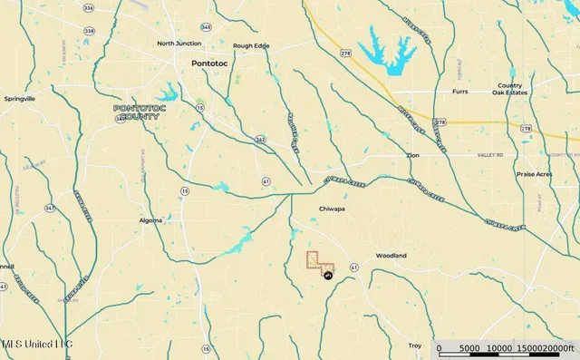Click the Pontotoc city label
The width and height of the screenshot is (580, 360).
click(213, 63)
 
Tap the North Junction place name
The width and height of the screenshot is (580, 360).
click(178, 44)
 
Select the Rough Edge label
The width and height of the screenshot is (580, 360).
click(250, 45)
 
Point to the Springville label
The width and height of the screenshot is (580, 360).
click(20, 98)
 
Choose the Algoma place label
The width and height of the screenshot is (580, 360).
click(151, 220)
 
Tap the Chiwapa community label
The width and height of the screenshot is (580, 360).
click(333, 208)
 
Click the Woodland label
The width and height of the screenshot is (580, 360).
click(391, 256)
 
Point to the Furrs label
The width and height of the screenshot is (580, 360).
click(463, 92)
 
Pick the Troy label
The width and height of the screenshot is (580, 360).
click(415, 345)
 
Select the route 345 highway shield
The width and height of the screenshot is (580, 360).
click(206, 28)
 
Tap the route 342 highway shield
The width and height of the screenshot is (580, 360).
click(260, 139)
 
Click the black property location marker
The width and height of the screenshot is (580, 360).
click(327, 277)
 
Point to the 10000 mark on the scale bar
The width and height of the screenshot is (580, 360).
click(499, 347)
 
